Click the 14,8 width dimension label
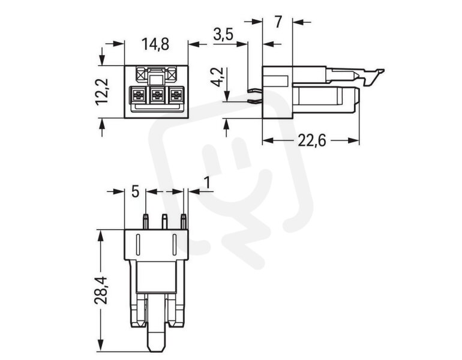(155, 44)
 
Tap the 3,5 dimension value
(223, 35)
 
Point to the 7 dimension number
(278, 23)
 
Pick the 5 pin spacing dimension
(135, 191)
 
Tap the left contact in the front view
(138, 95)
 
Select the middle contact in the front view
(157, 95)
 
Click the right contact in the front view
(176, 95)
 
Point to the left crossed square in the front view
(142, 75)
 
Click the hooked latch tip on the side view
(378, 73)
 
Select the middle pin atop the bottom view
(164, 221)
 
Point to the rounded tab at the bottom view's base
(157, 340)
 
